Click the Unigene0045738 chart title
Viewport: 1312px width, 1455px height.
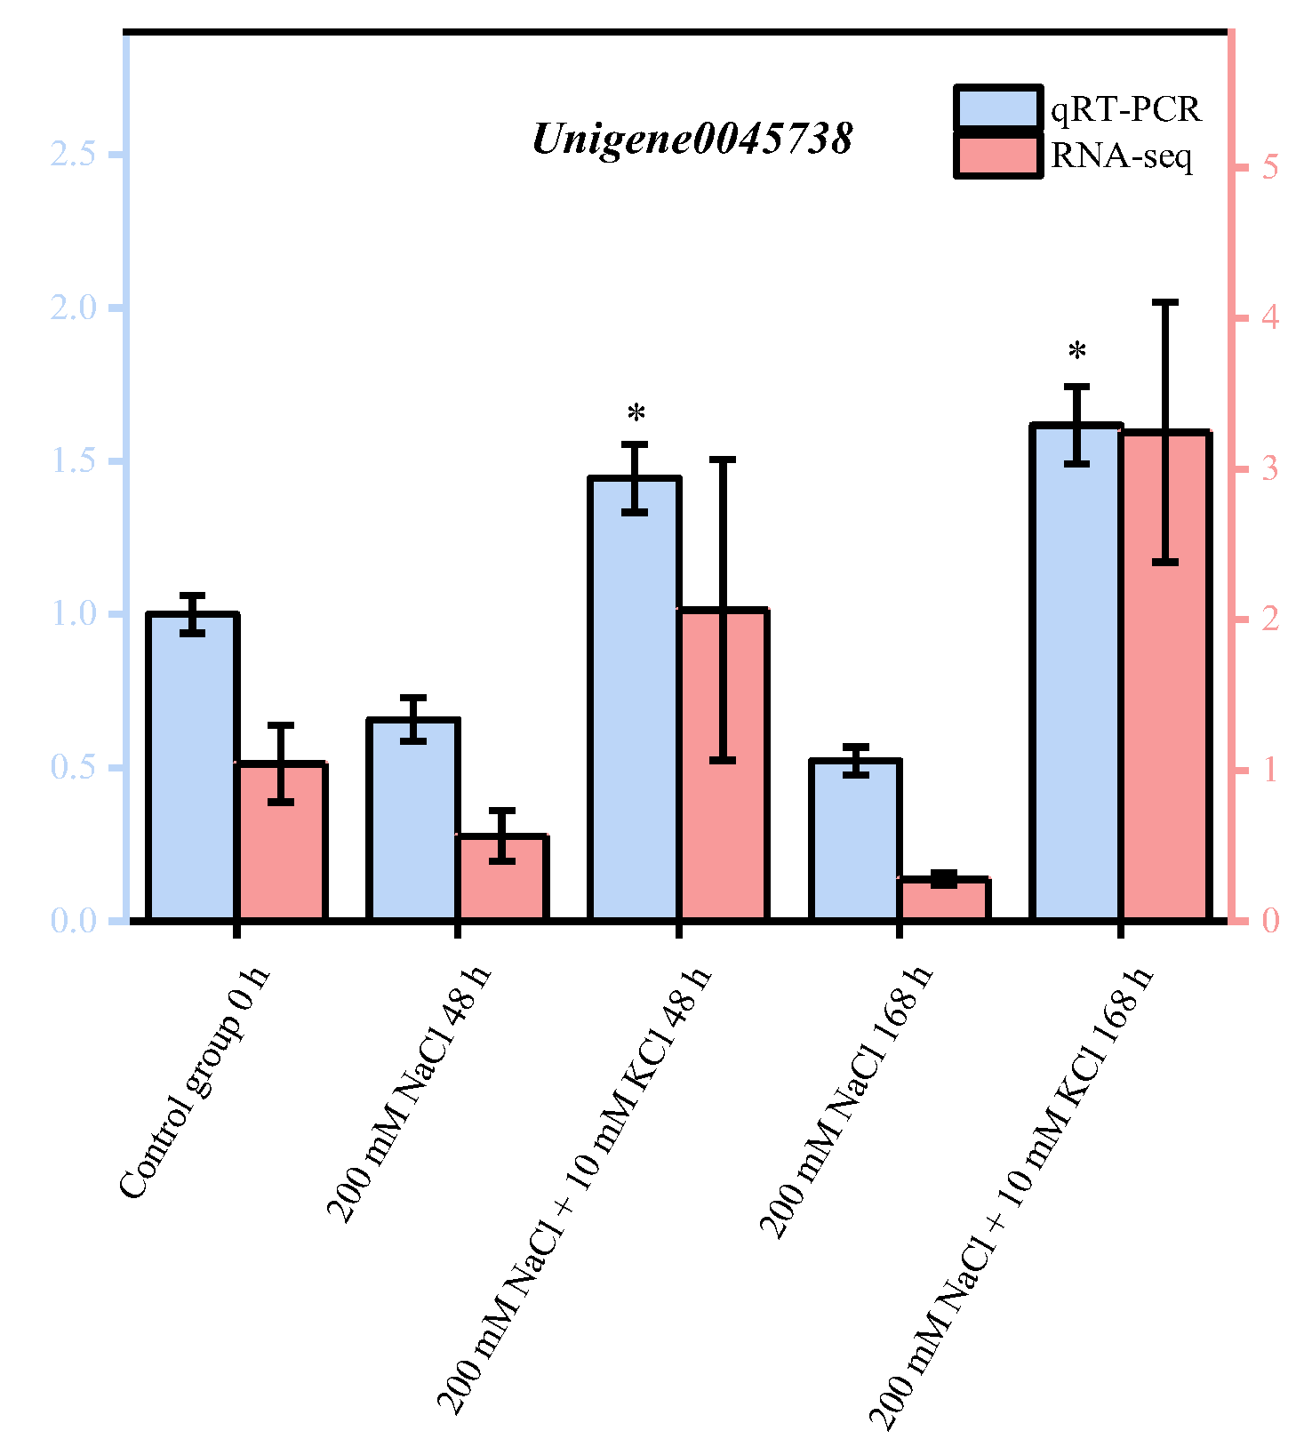692,140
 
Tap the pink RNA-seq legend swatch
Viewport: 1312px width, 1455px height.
997,156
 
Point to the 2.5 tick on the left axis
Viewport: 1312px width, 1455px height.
73,155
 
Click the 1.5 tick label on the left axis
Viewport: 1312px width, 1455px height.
73,461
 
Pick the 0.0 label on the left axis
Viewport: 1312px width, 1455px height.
73,921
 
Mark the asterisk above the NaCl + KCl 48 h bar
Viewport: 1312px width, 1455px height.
636,413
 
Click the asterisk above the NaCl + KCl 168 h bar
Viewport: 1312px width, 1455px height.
1077,352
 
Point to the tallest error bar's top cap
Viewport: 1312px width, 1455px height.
1165,303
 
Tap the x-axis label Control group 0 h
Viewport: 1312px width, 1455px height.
195,1084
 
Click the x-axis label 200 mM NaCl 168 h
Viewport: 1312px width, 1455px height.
847,1102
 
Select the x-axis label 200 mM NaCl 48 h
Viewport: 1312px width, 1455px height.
409,1093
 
